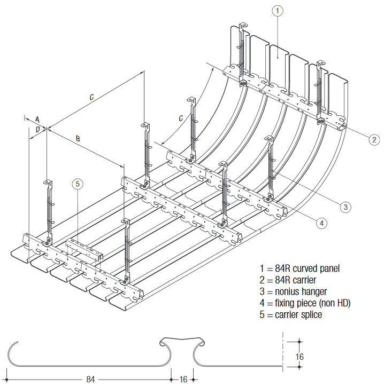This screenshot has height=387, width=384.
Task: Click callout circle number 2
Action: point(373,140)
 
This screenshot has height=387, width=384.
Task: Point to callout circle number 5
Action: point(78,184)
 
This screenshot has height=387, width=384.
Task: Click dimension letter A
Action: point(37,118)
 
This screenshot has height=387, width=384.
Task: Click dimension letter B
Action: point(78,139)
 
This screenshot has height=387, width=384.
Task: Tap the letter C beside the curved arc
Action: point(181,117)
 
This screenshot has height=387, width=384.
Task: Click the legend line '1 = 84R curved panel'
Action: point(299,268)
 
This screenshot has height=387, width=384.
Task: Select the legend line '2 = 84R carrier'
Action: point(288,280)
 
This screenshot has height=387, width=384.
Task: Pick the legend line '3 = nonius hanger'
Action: point(293,292)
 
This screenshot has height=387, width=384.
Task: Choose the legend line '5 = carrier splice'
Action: point(290,315)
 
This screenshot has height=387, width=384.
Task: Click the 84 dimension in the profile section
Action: point(91,379)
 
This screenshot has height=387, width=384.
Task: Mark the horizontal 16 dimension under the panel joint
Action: point(183,379)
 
